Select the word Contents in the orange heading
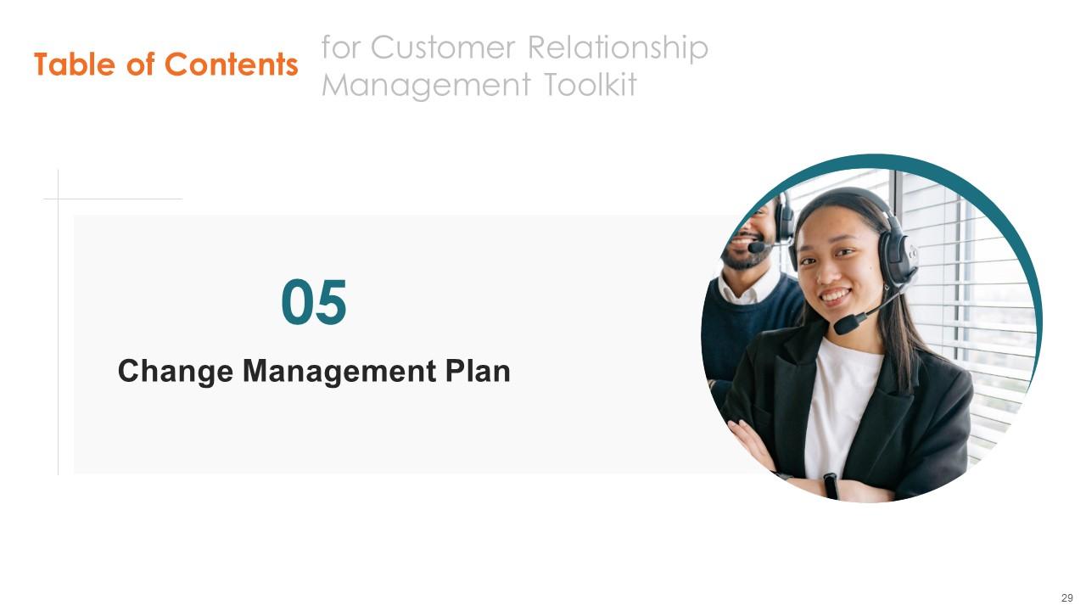(x=231, y=64)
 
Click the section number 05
(x=314, y=304)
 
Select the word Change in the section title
(x=175, y=371)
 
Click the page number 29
(x=1066, y=598)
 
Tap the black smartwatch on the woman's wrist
(x=830, y=485)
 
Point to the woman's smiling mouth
(x=834, y=297)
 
